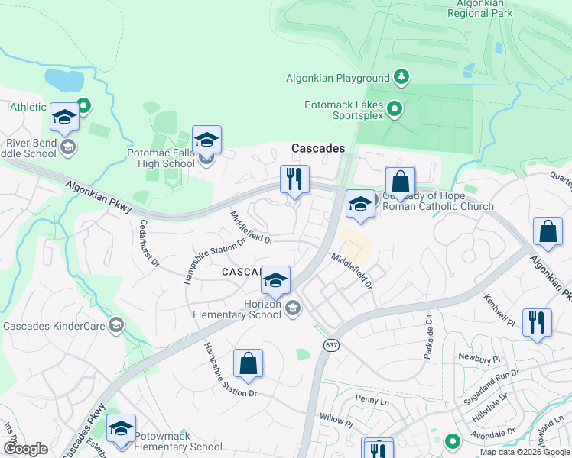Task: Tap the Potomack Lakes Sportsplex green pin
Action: click(x=395, y=110)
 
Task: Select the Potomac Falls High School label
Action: click(x=161, y=158)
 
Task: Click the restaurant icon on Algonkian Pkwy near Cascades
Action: click(x=294, y=180)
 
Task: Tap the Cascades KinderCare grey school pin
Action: click(x=116, y=326)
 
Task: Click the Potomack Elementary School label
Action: click(x=178, y=442)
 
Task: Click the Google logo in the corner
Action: click(x=25, y=449)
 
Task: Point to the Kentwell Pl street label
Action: click(x=499, y=309)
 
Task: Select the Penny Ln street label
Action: click(x=373, y=399)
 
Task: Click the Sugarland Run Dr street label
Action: click(x=491, y=387)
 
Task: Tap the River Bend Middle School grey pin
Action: click(x=68, y=147)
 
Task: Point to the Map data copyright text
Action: click(x=525, y=452)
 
